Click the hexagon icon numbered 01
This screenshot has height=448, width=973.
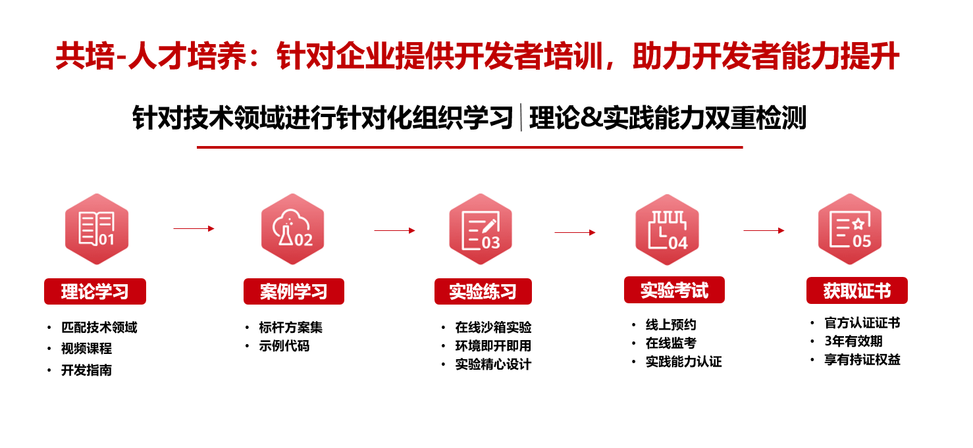click(x=97, y=229)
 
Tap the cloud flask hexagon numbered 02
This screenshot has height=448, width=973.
click(x=292, y=229)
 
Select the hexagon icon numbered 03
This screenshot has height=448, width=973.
click(x=481, y=229)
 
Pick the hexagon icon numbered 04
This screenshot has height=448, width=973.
click(x=667, y=229)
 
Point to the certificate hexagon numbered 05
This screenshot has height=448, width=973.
click(x=850, y=229)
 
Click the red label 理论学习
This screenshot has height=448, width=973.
click(x=95, y=291)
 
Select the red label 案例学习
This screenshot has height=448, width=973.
click(x=294, y=291)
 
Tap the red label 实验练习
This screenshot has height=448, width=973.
click(x=483, y=291)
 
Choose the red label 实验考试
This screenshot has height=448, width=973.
click(x=675, y=289)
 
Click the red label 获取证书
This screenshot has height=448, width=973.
click(x=857, y=290)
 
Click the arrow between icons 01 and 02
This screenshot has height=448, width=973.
click(x=194, y=228)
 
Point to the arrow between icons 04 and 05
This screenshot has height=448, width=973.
click(x=764, y=230)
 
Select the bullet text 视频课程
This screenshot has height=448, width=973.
click(x=86, y=348)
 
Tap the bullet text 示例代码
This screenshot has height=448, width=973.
click(x=284, y=346)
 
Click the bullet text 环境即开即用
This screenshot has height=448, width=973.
click(x=494, y=346)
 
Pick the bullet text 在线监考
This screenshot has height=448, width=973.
click(x=671, y=343)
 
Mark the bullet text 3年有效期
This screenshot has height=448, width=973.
click(x=854, y=341)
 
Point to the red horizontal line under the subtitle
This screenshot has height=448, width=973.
click(x=470, y=147)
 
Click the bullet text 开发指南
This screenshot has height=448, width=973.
click(x=86, y=370)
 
